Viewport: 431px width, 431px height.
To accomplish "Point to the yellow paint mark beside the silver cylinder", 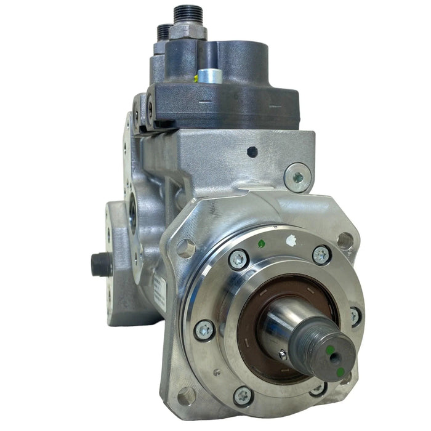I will [x=198, y=78].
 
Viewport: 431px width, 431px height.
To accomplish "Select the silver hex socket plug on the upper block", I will [x=299, y=177].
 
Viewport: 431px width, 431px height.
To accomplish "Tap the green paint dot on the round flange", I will [x=260, y=244].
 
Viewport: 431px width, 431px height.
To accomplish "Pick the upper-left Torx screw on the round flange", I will [x=239, y=259].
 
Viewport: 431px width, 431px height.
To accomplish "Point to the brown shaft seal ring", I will [x=252, y=308].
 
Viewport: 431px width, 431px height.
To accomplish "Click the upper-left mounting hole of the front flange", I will [x=185, y=248].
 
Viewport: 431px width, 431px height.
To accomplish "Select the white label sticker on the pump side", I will [x=159, y=289].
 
